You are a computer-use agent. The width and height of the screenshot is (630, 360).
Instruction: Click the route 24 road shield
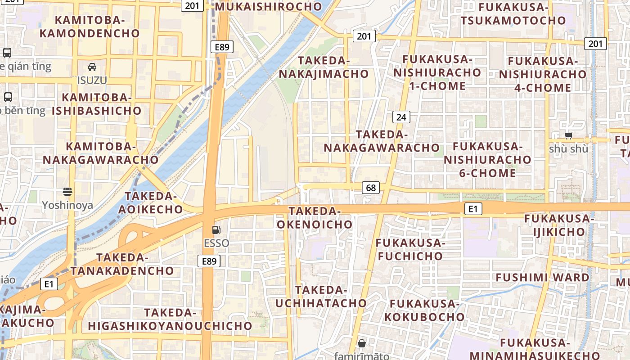[x=401, y=117]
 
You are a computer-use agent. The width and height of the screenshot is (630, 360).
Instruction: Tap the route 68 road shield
[x=371, y=188]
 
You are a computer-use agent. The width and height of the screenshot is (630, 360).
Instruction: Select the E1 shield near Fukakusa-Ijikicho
[x=472, y=209]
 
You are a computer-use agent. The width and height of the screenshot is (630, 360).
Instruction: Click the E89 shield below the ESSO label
[x=209, y=261]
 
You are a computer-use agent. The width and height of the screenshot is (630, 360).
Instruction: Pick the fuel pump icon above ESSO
[x=216, y=230]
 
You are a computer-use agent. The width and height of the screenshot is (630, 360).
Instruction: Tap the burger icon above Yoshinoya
[x=67, y=192]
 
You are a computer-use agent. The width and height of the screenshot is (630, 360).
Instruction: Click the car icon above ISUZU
[x=92, y=67]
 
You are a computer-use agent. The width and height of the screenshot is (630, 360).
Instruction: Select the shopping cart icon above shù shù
[x=568, y=135]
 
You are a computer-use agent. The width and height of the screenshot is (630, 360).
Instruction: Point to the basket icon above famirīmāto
[x=361, y=343]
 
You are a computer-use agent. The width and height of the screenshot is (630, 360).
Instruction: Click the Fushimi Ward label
[x=542, y=277]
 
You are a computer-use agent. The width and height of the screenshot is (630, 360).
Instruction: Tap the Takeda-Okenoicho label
[x=315, y=217]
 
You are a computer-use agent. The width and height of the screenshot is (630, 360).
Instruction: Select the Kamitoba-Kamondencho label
[x=90, y=27]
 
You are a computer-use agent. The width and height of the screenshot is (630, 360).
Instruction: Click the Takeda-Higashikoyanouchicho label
[x=170, y=319]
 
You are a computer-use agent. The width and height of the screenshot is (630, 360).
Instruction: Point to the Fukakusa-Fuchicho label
[x=410, y=249]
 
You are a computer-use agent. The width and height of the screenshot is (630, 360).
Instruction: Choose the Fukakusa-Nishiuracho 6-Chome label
[x=487, y=159]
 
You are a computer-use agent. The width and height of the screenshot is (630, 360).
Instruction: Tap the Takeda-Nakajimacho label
[x=324, y=67]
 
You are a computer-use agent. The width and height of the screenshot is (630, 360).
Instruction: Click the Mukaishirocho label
[x=269, y=7]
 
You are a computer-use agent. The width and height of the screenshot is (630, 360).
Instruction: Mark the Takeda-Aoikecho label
[x=150, y=202]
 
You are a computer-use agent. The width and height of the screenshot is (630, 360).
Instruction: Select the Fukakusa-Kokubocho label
[x=424, y=310]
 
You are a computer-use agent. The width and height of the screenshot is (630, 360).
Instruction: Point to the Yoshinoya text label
[x=67, y=206]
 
